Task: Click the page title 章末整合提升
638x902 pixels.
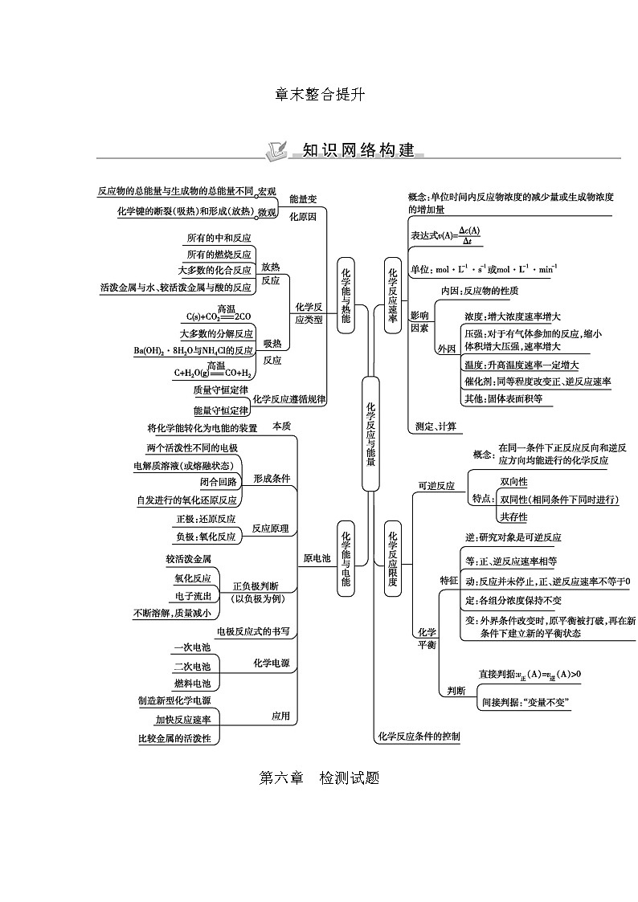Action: point(319,94)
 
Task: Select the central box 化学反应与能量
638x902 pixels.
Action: point(370,434)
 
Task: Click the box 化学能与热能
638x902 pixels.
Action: point(346,295)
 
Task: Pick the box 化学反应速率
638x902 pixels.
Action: point(393,295)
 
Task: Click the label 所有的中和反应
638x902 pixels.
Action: point(219,239)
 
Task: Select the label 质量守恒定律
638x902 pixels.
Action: point(219,390)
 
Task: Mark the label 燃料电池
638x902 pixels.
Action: point(192,684)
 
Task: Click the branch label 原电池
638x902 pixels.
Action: point(317,558)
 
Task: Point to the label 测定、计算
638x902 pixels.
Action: point(436,426)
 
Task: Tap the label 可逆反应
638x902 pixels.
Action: point(436,486)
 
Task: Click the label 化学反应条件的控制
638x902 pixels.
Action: point(418,737)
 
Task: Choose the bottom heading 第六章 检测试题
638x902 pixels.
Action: point(319,778)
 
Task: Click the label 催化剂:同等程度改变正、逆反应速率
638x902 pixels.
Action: point(538,382)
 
